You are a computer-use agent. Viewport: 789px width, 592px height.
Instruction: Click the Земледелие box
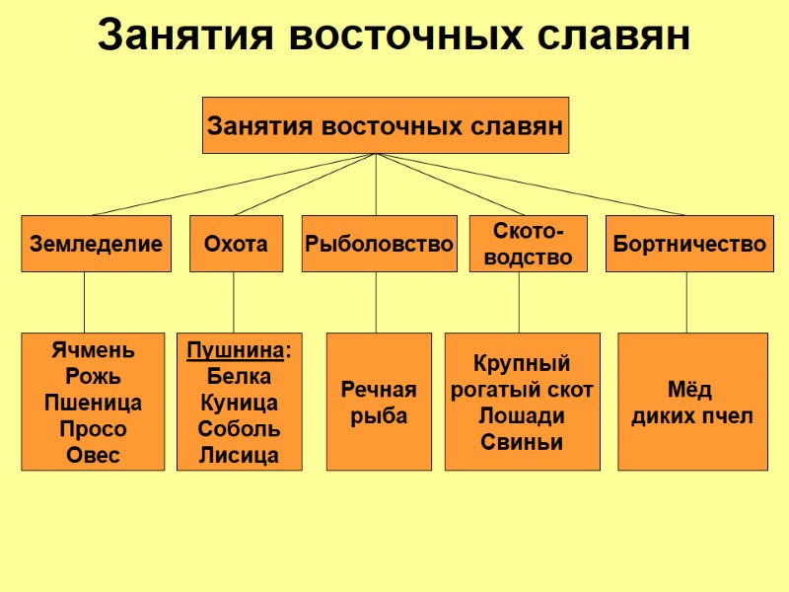[x=96, y=243]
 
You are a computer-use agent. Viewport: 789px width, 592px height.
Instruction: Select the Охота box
[x=236, y=243]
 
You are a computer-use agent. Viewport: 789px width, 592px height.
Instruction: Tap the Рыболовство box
[x=379, y=243]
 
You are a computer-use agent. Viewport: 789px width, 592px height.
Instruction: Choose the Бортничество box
[x=689, y=243]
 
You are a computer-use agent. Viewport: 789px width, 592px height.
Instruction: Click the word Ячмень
[x=93, y=350]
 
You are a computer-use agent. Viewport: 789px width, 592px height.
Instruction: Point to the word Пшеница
[x=93, y=403]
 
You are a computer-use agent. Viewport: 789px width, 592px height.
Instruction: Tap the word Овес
[x=93, y=455]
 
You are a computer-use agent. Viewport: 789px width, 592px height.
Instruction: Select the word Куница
[x=239, y=403]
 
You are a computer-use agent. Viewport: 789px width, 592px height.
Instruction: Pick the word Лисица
[x=239, y=455]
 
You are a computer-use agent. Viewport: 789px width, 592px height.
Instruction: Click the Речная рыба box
[x=379, y=402]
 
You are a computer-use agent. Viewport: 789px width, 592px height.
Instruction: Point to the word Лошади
[x=522, y=415]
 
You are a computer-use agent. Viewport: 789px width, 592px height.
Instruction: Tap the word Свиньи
[x=522, y=441]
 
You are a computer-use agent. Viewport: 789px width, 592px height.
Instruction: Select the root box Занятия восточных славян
[x=385, y=125]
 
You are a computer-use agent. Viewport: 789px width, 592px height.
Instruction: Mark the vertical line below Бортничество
[x=686, y=302]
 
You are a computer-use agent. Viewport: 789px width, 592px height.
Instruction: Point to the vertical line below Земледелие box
[x=84, y=302]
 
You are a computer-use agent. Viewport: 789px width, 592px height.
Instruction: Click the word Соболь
[x=239, y=429]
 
